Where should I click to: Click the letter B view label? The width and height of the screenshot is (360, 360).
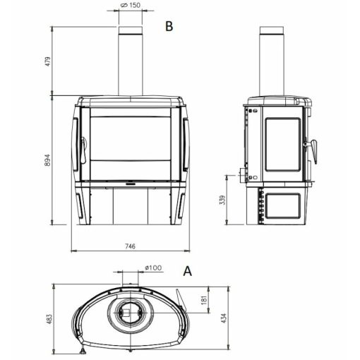[x=169, y=26]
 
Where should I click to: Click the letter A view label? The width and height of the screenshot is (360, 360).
[x=188, y=271]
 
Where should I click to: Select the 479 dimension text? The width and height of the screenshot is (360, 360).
[x=48, y=61]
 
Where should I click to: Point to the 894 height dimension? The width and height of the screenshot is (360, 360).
[x=47, y=160]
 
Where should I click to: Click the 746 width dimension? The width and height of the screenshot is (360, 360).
[x=130, y=246]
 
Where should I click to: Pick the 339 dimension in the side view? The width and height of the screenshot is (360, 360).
[x=222, y=200]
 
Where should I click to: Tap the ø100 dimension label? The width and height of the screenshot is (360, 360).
[x=153, y=268]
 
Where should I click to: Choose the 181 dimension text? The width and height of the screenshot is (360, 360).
[x=204, y=300]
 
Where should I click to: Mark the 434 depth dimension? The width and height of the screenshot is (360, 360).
[x=224, y=318]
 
